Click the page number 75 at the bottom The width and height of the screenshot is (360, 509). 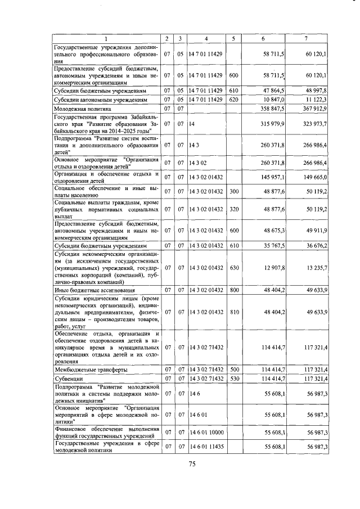pyautogui.click(x=191, y=463)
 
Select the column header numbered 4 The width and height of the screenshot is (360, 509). pyautogui.click(x=206, y=38)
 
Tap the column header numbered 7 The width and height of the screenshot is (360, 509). pyautogui.click(x=305, y=38)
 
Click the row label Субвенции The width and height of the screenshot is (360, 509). pyautogui.click(x=68, y=380)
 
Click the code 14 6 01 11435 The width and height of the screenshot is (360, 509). pyautogui.click(x=207, y=447)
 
